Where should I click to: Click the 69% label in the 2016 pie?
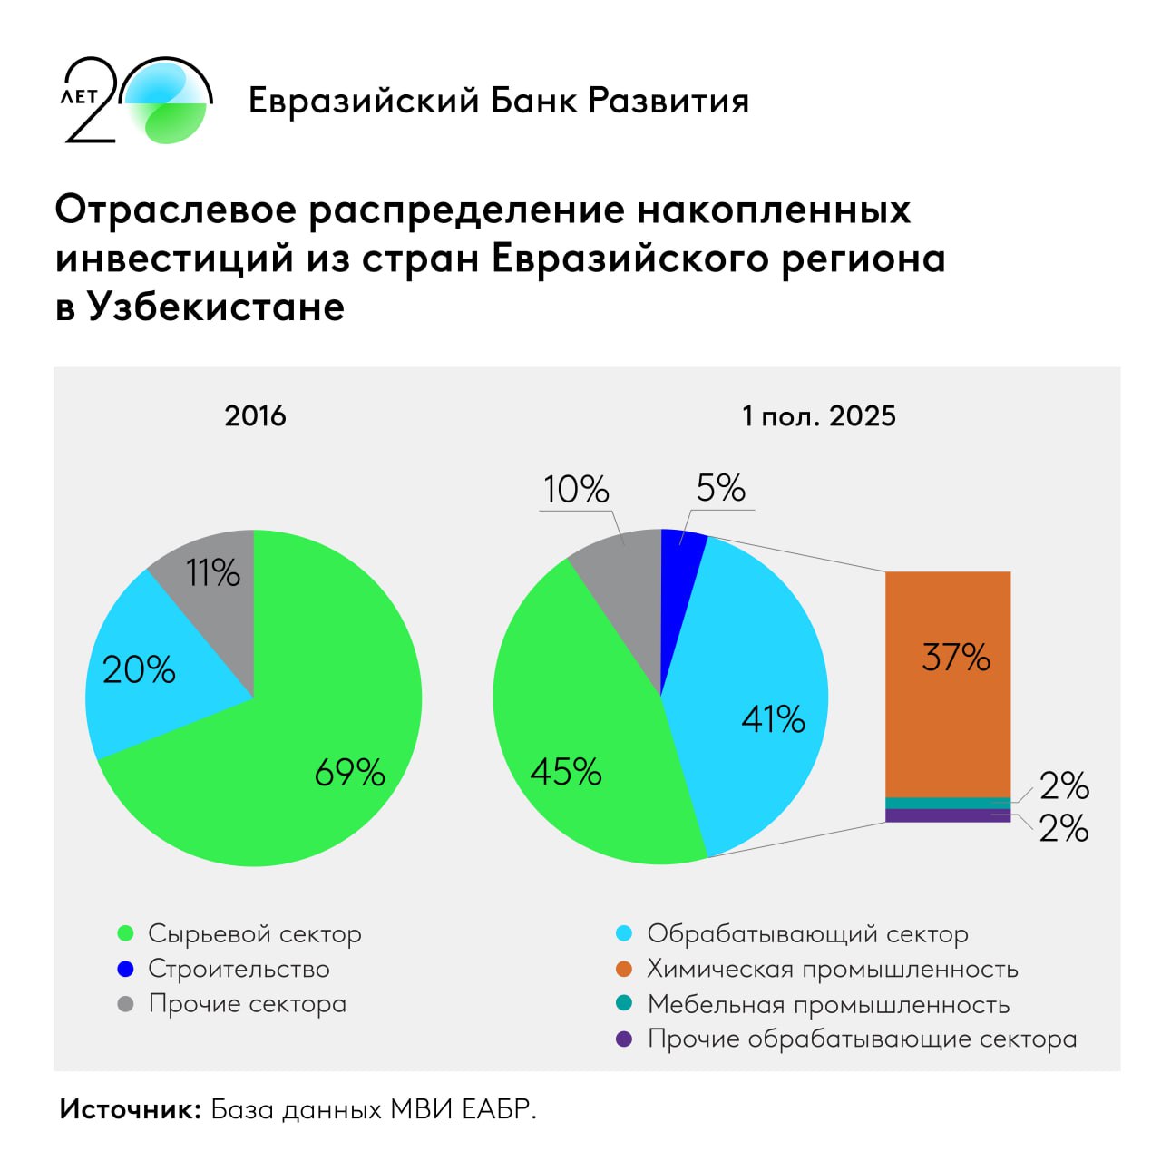point(349,773)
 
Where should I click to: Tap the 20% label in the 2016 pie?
point(139,670)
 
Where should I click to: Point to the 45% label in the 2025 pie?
point(566,773)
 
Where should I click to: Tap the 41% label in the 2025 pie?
point(773,719)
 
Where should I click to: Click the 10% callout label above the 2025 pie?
point(576,490)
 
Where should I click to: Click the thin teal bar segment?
point(948,803)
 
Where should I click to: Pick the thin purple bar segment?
point(948,815)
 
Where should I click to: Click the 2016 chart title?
point(255,416)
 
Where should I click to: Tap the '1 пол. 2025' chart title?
point(818,416)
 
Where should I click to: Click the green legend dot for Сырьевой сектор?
point(126,933)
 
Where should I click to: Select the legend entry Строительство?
point(239,969)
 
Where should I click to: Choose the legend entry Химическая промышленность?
point(832,969)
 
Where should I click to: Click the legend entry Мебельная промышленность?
point(827,1004)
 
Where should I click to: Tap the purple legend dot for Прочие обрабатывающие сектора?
point(624,1039)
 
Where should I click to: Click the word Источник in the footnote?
point(131,1109)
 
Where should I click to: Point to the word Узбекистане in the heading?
point(216,307)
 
